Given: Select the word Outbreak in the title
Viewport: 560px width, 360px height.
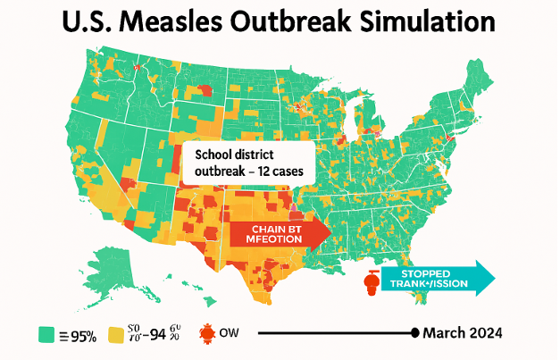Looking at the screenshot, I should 313,21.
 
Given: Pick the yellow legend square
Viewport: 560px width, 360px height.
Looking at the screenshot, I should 115,335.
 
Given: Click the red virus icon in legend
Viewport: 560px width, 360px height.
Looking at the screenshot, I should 205,335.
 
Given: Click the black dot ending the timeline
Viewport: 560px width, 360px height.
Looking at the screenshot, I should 414,333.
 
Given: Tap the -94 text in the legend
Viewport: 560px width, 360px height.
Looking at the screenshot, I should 156,335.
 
